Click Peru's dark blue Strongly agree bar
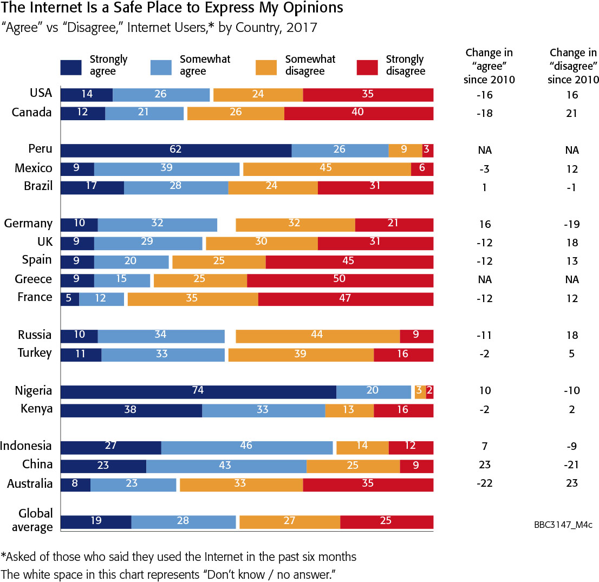coord(176,151)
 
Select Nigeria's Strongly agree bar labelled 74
coord(198,391)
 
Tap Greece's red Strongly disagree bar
coord(340,280)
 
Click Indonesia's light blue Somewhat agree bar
coord(247,447)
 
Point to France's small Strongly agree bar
coord(70,299)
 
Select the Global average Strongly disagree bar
coord(387,522)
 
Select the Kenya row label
coord(37,409)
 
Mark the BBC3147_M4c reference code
coord(562,525)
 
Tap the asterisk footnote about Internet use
coord(179,557)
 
